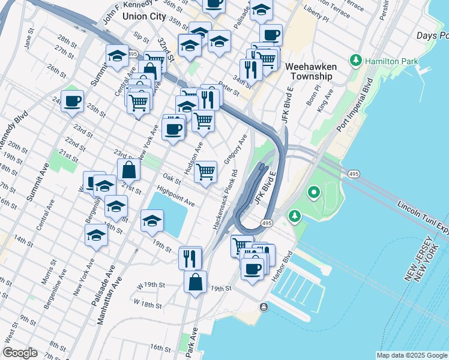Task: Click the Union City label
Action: coord(143,16)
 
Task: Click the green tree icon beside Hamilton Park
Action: coord(356,61)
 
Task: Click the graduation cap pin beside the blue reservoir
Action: coord(152,220)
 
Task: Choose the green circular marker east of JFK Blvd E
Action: coord(313,193)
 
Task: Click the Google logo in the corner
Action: coord(20,353)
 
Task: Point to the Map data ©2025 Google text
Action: coord(411,355)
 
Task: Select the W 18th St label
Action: coord(148,304)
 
